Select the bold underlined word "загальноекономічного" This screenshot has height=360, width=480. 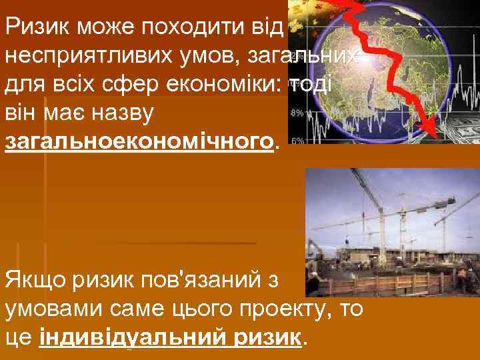tap(139, 142)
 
